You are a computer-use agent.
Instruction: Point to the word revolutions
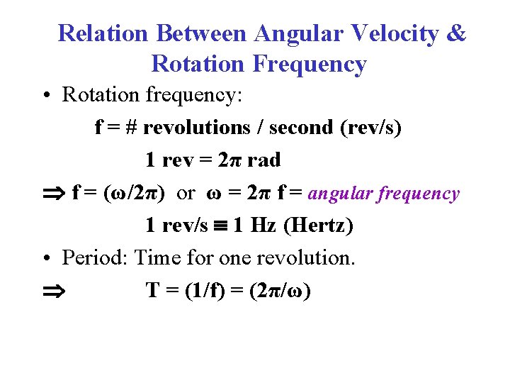click(x=197, y=128)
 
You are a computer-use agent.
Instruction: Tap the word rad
click(x=263, y=160)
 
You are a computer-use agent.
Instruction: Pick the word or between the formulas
click(x=185, y=193)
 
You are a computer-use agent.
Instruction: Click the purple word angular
click(x=342, y=194)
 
